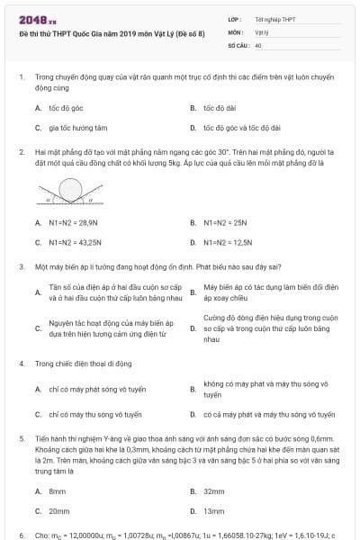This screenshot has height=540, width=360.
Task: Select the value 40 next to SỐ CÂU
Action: click(258, 44)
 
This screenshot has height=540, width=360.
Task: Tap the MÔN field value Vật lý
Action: click(261, 31)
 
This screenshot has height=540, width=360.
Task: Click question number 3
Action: click(21, 267)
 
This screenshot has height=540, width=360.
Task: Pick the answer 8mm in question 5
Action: click(58, 490)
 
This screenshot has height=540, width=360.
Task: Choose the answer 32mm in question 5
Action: click(213, 490)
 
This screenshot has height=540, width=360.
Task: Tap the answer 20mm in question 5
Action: click(58, 510)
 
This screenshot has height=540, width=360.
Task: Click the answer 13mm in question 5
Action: click(213, 510)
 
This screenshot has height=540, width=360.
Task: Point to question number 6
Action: click(21, 535)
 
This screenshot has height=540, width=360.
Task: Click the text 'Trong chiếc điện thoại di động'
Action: click(83, 363)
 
